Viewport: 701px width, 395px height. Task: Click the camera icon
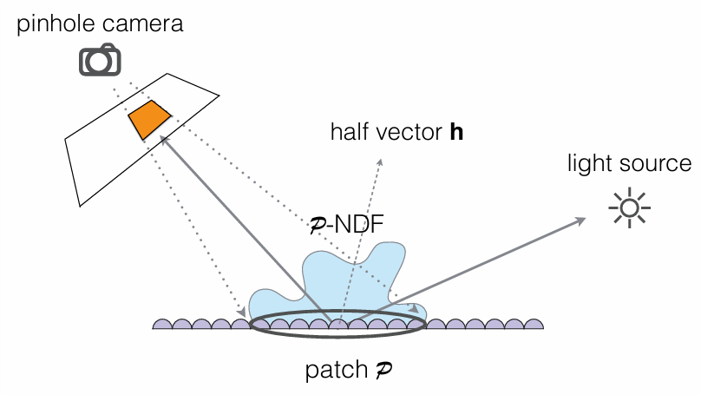(x=100, y=59)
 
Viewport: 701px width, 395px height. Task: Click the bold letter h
(x=455, y=133)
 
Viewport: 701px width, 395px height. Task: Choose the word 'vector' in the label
(x=407, y=133)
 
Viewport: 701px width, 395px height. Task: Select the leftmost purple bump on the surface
(x=163, y=325)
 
